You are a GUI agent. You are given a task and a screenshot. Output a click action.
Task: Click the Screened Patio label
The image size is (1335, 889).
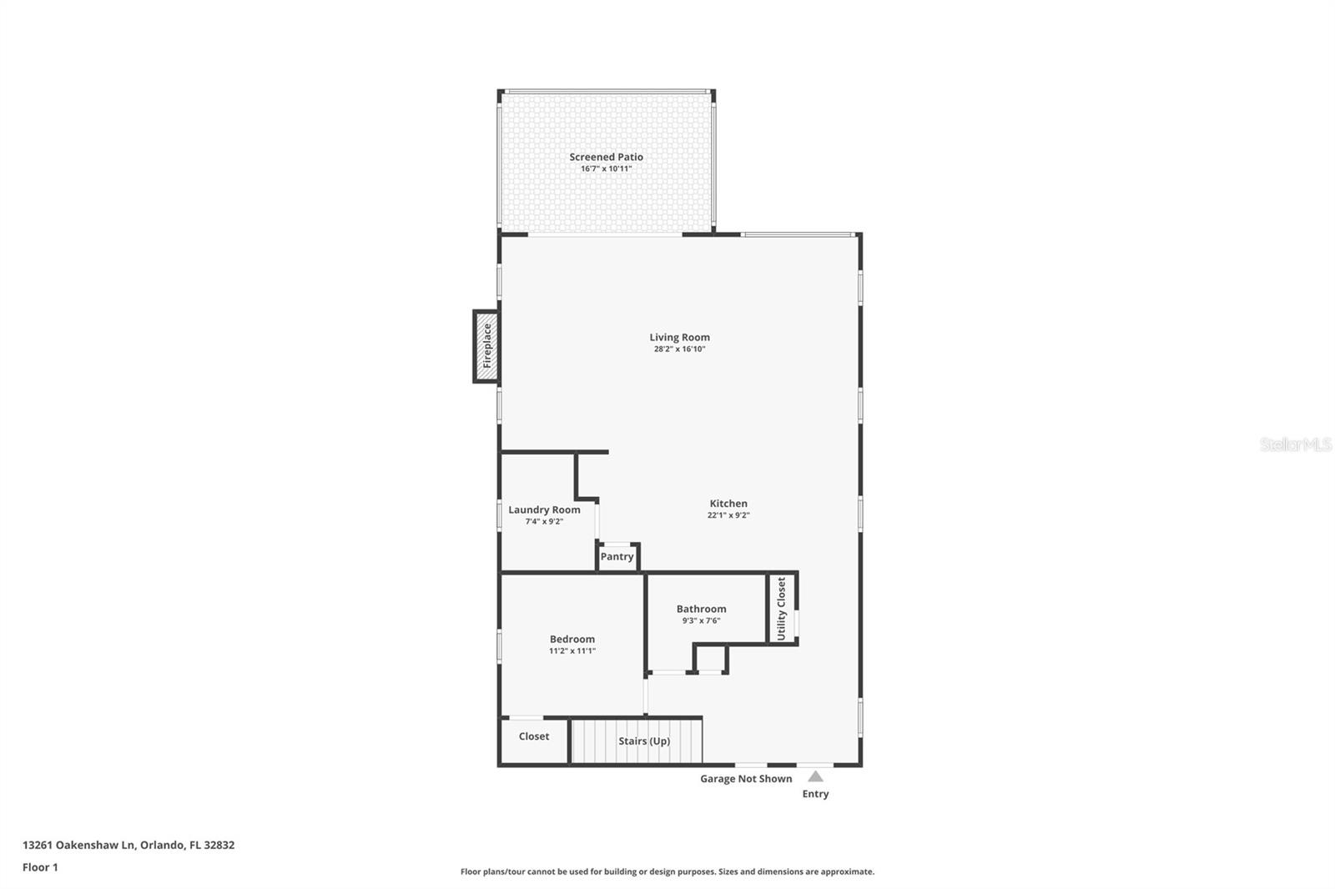[x=606, y=157]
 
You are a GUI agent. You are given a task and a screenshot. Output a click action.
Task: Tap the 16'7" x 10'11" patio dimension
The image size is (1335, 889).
[x=606, y=169]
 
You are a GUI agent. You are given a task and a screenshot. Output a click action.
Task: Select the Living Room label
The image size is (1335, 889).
[x=679, y=338]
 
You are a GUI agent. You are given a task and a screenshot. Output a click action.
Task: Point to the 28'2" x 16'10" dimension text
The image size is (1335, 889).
[x=679, y=349]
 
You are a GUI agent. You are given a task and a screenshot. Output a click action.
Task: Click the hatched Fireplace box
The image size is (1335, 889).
[x=486, y=346]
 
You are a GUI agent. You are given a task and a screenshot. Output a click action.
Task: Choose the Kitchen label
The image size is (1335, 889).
[x=728, y=504]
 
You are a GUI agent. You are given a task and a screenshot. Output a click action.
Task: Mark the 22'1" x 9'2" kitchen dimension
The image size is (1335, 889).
[x=728, y=515]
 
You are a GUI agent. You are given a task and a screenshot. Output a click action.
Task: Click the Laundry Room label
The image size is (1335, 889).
[x=544, y=510]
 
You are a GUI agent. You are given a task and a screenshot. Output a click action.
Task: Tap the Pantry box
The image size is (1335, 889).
[x=617, y=557]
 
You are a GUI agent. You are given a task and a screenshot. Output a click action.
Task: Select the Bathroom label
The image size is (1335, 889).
[x=701, y=609]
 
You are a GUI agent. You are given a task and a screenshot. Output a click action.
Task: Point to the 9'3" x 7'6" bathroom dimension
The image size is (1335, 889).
[x=701, y=620]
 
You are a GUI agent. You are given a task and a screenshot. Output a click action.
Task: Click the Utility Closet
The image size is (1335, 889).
[x=782, y=608]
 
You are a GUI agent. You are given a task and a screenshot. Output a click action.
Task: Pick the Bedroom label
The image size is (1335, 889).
[x=572, y=640]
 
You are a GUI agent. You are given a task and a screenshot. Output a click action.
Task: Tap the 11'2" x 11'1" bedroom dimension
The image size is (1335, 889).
[x=572, y=651]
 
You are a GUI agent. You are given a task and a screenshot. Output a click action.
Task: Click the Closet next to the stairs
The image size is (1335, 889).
[x=534, y=737]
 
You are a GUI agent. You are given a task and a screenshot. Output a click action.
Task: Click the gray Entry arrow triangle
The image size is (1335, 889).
[x=815, y=776]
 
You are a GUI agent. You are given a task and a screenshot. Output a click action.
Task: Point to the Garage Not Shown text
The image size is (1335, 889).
[x=746, y=779]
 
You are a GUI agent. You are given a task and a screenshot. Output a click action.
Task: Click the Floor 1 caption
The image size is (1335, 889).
[x=40, y=867]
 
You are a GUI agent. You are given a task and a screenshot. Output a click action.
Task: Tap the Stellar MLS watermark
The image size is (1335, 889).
[x=1295, y=444]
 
